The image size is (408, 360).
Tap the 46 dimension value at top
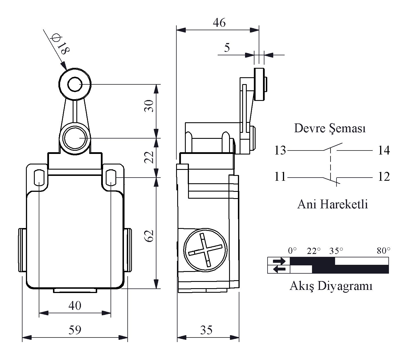point(219,23)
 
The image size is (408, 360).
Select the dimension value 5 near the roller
point(227,48)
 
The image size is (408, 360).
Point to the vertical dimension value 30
point(149,106)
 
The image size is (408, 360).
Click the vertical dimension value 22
point(149,157)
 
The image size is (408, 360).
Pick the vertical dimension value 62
point(149,236)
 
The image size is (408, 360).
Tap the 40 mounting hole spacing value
point(75,305)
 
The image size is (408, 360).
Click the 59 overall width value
point(75,330)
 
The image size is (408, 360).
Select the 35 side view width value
point(206,330)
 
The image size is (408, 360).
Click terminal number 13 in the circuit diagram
point(280,150)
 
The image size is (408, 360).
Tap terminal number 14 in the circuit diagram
point(384,150)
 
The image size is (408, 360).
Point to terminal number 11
point(280,177)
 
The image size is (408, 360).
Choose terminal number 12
point(384,177)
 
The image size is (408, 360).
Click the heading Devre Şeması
point(330,129)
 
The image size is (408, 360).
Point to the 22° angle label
point(314,251)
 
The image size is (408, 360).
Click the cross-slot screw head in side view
point(205,250)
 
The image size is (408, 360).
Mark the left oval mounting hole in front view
point(39,178)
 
